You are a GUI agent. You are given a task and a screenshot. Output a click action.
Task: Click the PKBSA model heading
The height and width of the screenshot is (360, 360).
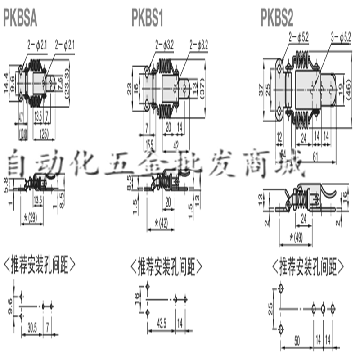(20, 19)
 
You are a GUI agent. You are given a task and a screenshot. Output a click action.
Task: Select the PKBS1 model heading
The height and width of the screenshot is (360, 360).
(147, 19)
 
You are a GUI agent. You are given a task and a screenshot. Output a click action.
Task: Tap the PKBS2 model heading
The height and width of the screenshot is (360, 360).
(277, 19)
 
